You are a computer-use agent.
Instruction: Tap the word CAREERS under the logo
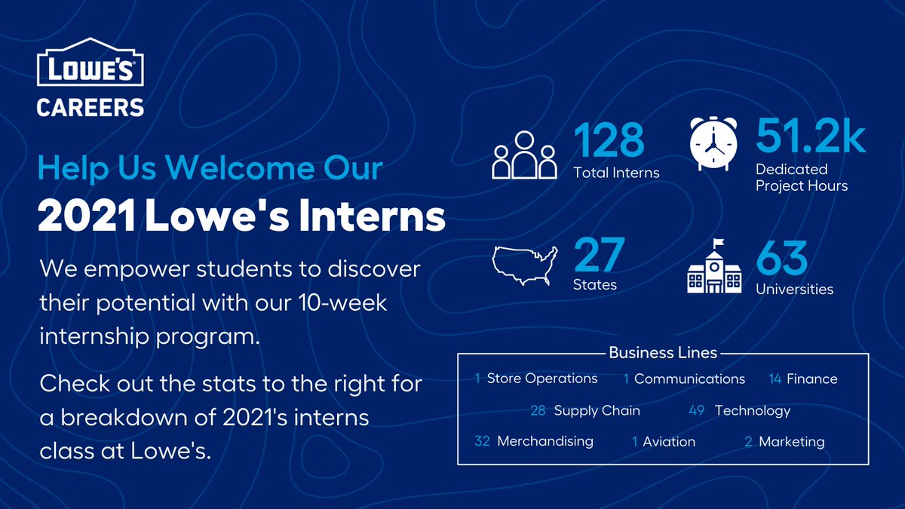coord(90,106)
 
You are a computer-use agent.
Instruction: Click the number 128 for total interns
coord(609,141)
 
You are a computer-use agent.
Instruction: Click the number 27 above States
coord(600,256)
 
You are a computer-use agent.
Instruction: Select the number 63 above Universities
coord(782,259)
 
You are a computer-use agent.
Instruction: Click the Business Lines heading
coord(663,352)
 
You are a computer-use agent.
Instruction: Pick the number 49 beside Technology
coord(696,411)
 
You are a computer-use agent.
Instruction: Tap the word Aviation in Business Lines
coord(669,442)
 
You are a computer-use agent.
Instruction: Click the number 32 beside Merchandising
coord(483,441)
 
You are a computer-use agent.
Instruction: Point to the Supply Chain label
coord(597,411)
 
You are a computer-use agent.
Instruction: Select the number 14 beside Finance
coord(775,379)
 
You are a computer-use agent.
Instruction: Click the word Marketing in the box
coord(791,442)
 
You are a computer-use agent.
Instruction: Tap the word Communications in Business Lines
coord(689,379)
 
